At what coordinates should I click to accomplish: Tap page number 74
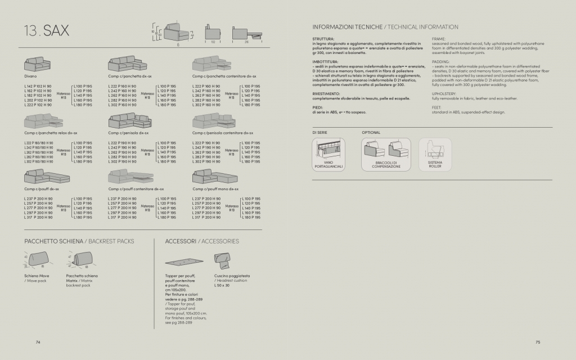pyautogui.click(x=38, y=341)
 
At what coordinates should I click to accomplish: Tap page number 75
pyautogui.click(x=537, y=341)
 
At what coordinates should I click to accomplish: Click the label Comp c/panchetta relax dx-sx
pyautogui.click(x=51, y=133)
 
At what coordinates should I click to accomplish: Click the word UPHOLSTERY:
pyautogui.click(x=444, y=94)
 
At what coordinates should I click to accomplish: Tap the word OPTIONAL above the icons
pyautogui.click(x=371, y=132)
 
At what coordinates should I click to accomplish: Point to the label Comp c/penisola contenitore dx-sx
pyautogui.click(x=223, y=133)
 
